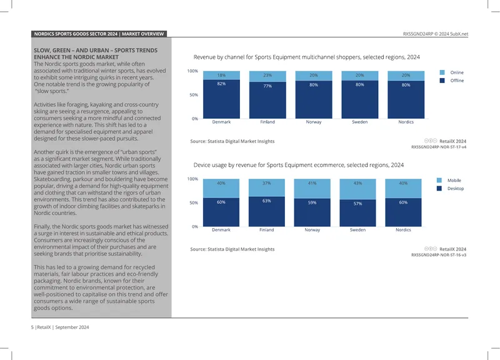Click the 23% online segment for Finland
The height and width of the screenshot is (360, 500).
point(267,76)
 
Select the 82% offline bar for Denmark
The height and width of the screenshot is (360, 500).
point(221,99)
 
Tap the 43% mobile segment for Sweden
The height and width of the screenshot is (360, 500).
point(357,189)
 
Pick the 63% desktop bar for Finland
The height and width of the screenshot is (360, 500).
point(267,212)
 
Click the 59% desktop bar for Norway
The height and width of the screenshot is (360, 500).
point(312,212)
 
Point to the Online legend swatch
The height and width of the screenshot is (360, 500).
point(442,72)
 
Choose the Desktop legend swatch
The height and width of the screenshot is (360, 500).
point(439,189)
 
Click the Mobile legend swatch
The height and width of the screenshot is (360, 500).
point(439,181)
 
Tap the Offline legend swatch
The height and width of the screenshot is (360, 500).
point(442,81)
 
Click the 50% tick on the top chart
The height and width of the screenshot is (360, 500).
point(194,95)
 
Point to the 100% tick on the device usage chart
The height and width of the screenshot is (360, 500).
point(192,179)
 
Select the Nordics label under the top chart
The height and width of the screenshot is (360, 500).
point(406,122)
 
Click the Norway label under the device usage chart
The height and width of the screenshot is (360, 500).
point(312,229)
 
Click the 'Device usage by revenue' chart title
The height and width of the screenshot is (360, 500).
point(299,165)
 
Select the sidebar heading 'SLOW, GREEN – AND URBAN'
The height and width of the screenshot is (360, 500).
point(96,54)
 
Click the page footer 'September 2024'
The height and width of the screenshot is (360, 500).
point(72,327)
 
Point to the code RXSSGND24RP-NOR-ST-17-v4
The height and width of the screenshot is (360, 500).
point(439,147)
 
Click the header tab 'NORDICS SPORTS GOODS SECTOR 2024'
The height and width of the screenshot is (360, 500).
point(76,34)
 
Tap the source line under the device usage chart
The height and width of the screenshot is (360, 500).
point(232,249)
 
